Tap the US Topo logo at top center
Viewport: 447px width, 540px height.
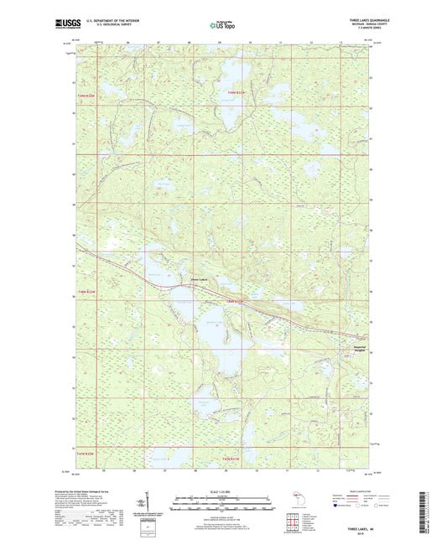click(222, 25)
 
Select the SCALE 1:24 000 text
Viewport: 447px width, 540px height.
click(222, 491)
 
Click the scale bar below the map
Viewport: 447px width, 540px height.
click(222, 506)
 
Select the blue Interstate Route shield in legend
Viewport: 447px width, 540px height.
click(337, 506)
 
